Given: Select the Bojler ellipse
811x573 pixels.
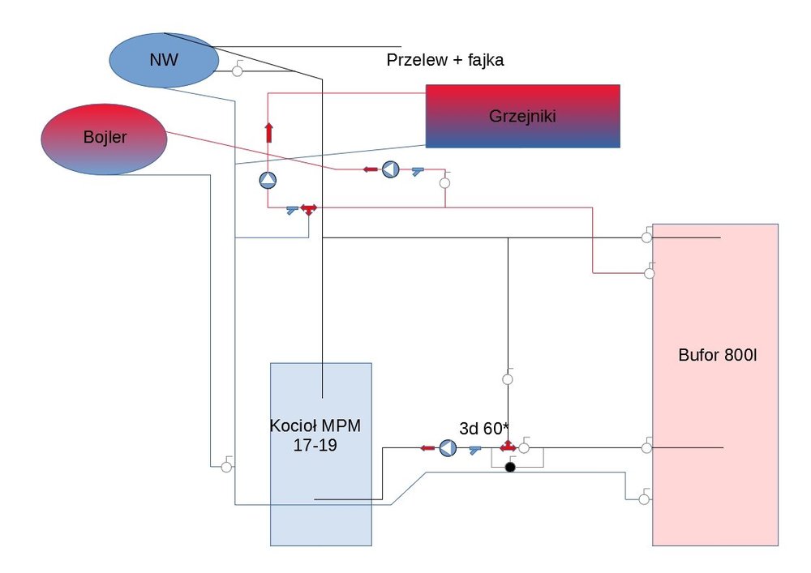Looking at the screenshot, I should tap(104, 139).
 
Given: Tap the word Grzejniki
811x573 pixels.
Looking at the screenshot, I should tap(522, 116).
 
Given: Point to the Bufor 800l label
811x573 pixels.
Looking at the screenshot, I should tap(716, 355).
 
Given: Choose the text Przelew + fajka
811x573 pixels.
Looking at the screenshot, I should tap(445, 60).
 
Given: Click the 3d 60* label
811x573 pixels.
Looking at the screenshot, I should tap(483, 430).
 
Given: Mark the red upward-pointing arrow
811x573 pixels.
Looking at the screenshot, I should tap(268, 132).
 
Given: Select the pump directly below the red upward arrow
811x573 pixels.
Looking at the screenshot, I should tap(268, 181).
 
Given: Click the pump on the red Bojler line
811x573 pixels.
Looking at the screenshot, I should tap(391, 169).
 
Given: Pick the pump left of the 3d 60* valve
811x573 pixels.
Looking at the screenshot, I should tap(448, 447).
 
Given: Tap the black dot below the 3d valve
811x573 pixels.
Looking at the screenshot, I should tap(510, 468).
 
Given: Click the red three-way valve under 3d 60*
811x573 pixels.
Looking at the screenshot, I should tap(508, 447).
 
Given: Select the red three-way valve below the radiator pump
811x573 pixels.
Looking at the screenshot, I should tap(308, 209).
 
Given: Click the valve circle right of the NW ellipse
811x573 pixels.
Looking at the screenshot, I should tap(237, 71).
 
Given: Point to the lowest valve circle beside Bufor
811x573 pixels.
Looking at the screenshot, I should tap(644, 499).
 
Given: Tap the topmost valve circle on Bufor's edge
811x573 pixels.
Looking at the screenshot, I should tap(646, 237).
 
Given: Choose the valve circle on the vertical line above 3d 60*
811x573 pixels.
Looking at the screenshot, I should tap(508, 378).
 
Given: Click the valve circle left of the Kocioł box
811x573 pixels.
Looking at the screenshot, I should tap(225, 467).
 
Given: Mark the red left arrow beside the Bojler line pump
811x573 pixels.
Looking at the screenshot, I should tap(370, 169).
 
